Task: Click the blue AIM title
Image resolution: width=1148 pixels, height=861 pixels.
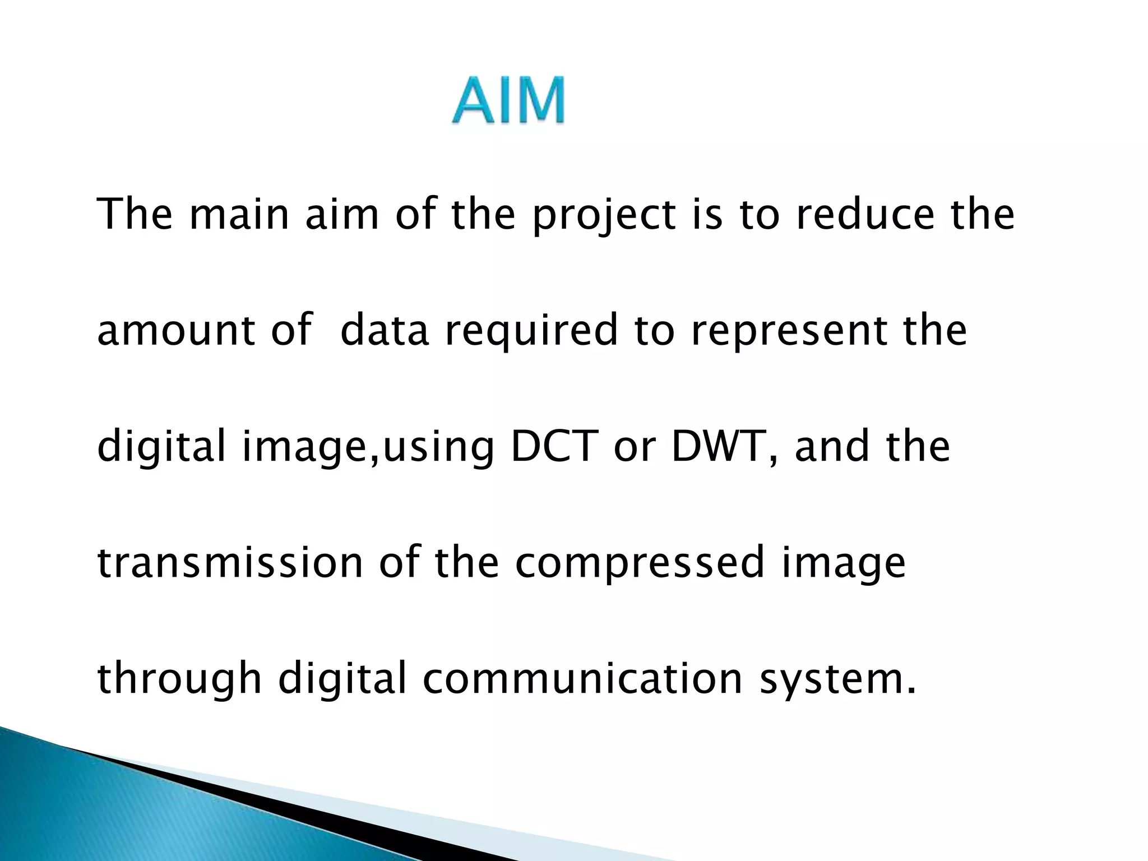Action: point(508,101)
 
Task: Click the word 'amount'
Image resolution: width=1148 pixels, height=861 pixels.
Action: point(176,330)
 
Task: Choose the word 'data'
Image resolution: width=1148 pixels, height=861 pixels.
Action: point(385,330)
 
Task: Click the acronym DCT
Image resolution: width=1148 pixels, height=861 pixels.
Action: point(552,447)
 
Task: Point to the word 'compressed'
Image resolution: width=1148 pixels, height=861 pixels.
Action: point(640,564)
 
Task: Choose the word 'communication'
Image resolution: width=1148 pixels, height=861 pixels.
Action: point(582,678)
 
